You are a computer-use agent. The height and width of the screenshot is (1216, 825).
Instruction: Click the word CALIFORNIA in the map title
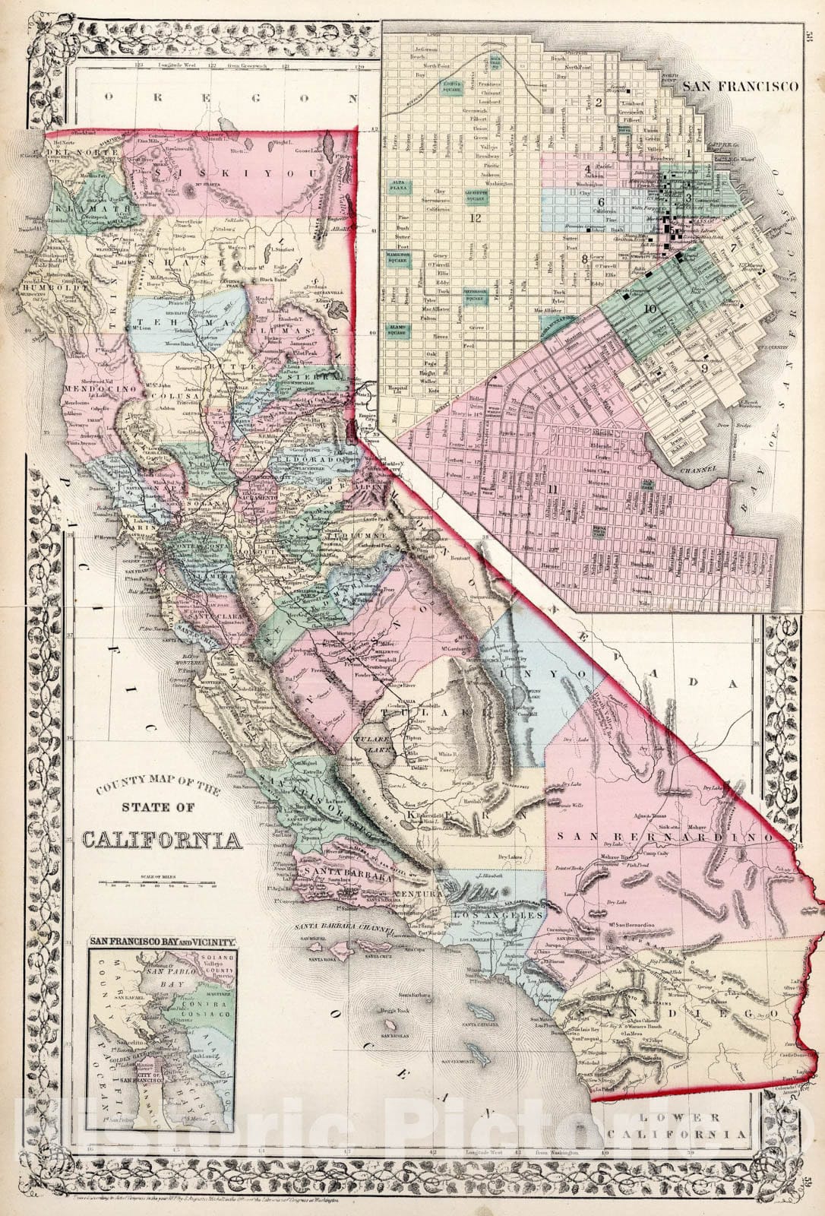click(x=163, y=841)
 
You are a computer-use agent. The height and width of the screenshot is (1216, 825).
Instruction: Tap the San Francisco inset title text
click(x=741, y=87)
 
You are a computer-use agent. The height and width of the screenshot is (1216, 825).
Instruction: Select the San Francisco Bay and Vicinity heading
click(x=163, y=941)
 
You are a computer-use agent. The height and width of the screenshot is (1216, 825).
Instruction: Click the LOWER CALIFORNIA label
click(x=690, y=1126)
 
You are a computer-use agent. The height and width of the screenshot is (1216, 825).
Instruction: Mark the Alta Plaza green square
click(x=396, y=184)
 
